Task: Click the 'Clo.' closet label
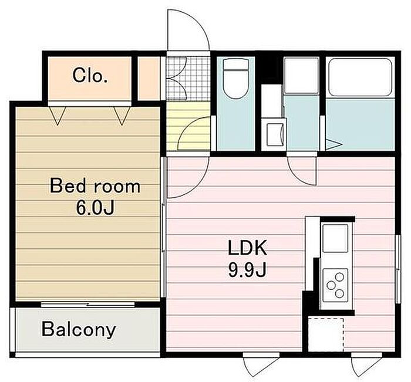[90, 76]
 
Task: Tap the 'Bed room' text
[95, 186]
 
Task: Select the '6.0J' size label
[95, 208]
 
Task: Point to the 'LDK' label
[247, 248]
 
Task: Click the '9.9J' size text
[247, 270]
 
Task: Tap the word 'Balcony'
[79, 329]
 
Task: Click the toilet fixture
[235, 79]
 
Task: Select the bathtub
[361, 77]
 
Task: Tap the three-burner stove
[335, 285]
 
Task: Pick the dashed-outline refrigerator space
[326, 335]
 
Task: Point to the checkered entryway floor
[188, 78]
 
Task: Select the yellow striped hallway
[188, 126]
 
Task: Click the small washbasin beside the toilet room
[275, 134]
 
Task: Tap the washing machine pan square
[301, 76]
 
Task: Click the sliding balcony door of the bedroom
[88, 305]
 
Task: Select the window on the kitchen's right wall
[398, 269]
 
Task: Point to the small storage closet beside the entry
[149, 78]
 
